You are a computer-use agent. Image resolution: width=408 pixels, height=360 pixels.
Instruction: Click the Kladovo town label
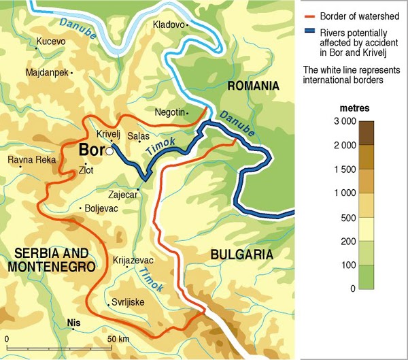tap(169, 24)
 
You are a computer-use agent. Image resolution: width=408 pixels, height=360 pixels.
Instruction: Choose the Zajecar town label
tap(123, 195)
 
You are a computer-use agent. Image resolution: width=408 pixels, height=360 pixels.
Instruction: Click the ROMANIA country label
tap(254, 86)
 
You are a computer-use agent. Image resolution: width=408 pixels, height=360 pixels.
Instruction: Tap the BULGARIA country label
tap(241, 255)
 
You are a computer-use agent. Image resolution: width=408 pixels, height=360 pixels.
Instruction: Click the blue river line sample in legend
tap(309, 31)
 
